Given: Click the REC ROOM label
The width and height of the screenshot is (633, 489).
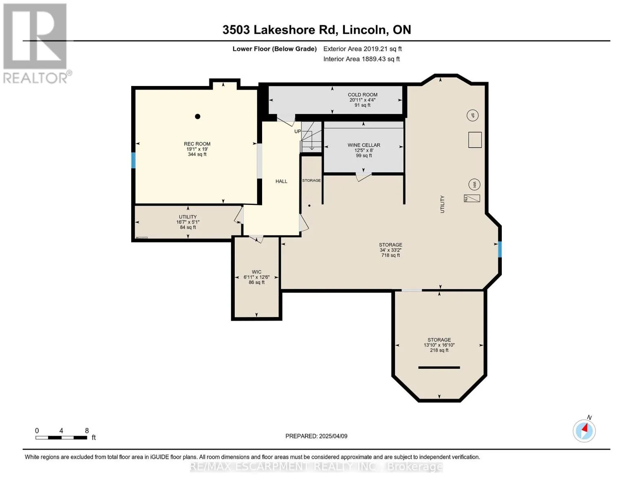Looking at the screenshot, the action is (197, 144).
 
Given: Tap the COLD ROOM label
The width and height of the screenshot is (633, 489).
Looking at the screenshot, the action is (362, 95).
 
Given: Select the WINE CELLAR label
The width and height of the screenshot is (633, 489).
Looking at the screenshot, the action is (364, 145).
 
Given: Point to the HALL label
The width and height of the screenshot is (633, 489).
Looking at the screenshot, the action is (281, 181).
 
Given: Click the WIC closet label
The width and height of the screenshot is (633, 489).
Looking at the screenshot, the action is (256, 272).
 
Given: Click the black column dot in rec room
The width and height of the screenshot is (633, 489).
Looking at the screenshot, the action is (198, 117).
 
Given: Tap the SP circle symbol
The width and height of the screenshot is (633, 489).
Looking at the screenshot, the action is (472, 115).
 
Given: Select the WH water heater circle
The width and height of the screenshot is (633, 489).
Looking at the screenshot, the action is (474, 184).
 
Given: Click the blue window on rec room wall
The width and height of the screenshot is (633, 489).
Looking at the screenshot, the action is (133, 160).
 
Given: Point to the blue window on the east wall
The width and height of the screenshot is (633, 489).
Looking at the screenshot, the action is (500, 249).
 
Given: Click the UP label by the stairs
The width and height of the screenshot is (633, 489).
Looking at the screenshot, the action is (298, 131).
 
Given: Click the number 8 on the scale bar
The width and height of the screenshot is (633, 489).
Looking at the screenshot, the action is (87, 430).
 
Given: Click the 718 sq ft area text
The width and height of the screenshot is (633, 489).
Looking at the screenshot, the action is (390, 256).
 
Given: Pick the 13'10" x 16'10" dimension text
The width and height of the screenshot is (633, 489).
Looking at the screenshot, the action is (439, 345).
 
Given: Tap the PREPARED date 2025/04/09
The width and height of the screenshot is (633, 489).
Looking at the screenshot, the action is (333, 436).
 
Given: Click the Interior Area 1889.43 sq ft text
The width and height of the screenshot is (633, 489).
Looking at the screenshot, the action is (361, 59).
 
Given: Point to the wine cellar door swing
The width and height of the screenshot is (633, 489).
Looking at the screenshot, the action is (364, 177).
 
